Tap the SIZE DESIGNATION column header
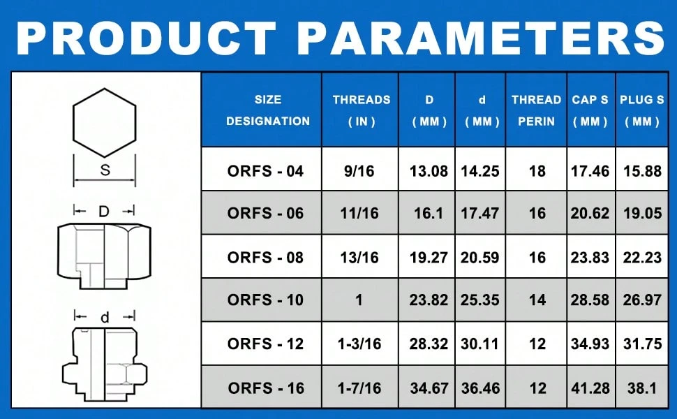(268, 110)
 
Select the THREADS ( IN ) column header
(362, 110)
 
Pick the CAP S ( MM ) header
(590, 110)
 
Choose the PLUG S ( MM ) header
(641, 110)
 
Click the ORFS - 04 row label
(266, 171)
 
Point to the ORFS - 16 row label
(266, 387)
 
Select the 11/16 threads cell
(362, 214)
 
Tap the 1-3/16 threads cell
(362, 344)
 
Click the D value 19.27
(429, 257)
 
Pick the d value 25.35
(480, 300)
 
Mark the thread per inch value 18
(537, 171)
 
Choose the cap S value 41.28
(590, 387)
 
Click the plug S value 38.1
(642, 387)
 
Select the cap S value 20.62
(590, 214)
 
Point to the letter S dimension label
(104, 169)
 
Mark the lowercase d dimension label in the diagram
(105, 318)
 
